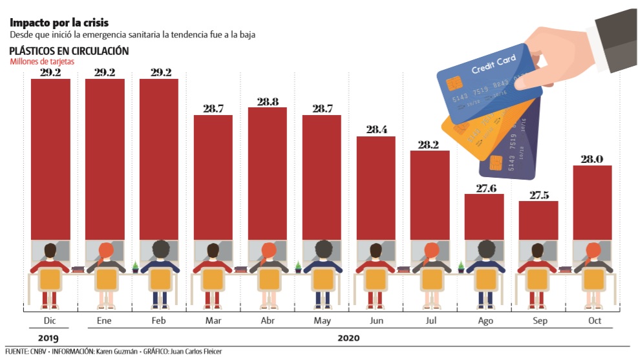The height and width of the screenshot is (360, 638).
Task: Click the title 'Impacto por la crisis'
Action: pos(54,23)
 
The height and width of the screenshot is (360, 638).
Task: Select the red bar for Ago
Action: pos(484,217)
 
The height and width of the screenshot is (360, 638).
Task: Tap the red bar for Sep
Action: pos(538,220)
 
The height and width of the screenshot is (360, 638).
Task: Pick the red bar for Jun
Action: pos(376,187)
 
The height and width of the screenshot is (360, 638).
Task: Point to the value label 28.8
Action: pos(267,101)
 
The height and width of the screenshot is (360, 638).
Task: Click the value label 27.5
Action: pos(538,195)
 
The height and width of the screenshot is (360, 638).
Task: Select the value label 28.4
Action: pos(376,130)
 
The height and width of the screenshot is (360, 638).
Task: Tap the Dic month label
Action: pos(50,321)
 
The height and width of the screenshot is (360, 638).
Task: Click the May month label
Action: pos(321,321)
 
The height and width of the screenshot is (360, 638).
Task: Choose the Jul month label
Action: pos(430,321)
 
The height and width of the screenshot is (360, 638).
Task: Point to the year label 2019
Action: pos(48,337)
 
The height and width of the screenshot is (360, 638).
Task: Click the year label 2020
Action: pos(348,337)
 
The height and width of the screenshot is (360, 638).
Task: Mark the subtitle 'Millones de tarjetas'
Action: pos(42,62)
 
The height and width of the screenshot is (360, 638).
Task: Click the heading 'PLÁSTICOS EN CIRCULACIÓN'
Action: pos(69,51)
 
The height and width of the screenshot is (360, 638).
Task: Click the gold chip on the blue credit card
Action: pos(454,84)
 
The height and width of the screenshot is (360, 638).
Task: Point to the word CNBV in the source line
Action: pos(37,352)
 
